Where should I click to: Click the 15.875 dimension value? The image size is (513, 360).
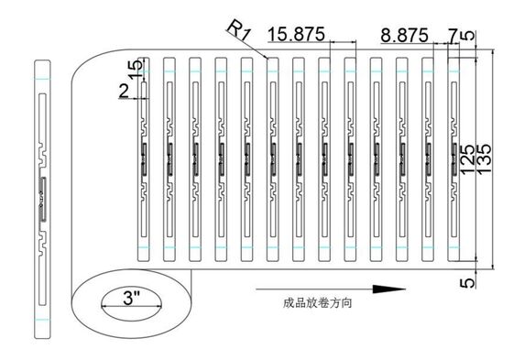(x=299, y=35)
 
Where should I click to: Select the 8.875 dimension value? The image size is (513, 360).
(x=404, y=35)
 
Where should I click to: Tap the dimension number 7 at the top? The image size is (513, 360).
(x=453, y=35)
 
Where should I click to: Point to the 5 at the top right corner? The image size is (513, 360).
(x=469, y=37)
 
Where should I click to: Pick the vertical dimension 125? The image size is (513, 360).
(x=468, y=158)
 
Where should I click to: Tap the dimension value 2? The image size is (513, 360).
(x=124, y=89)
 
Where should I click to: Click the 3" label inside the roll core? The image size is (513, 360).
(x=131, y=299)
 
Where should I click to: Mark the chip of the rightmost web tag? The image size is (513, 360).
(x=455, y=150)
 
